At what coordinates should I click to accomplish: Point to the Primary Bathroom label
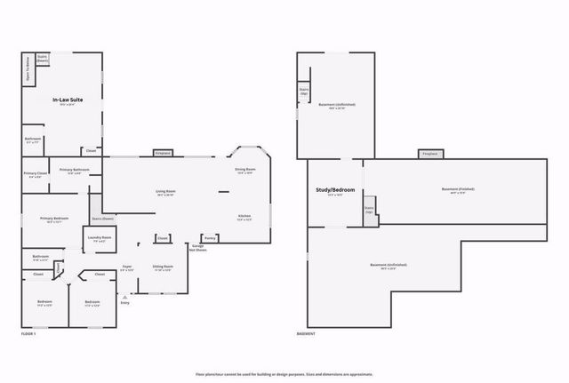75,171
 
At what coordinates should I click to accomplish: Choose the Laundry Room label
99,238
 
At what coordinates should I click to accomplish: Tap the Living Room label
165,192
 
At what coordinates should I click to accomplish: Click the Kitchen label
244,216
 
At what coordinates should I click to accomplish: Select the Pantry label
210,238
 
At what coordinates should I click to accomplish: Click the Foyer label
127,267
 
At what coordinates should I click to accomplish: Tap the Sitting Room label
163,267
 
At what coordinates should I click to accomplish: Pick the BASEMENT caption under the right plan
308,333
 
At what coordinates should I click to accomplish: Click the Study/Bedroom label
335,190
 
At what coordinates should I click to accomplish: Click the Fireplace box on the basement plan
429,154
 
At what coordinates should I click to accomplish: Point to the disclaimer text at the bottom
284,374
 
